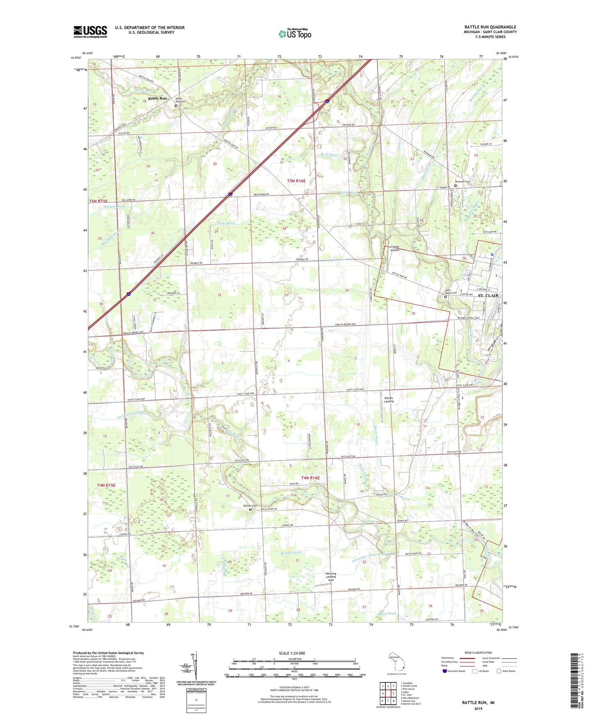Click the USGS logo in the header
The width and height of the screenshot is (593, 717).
coord(90,32)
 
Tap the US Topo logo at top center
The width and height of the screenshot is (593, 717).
coord(295,34)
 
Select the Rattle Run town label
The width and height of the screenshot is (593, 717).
coord(158,99)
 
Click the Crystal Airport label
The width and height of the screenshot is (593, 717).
coord(394,248)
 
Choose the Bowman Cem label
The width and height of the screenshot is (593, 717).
coord(462,182)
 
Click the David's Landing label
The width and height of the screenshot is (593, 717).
coord(389,400)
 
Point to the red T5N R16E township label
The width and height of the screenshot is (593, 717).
coord(296,181)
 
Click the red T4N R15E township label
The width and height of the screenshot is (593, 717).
coord(106,485)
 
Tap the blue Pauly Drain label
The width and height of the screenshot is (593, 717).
coord(226,223)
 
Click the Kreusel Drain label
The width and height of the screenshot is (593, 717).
coord(292,552)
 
